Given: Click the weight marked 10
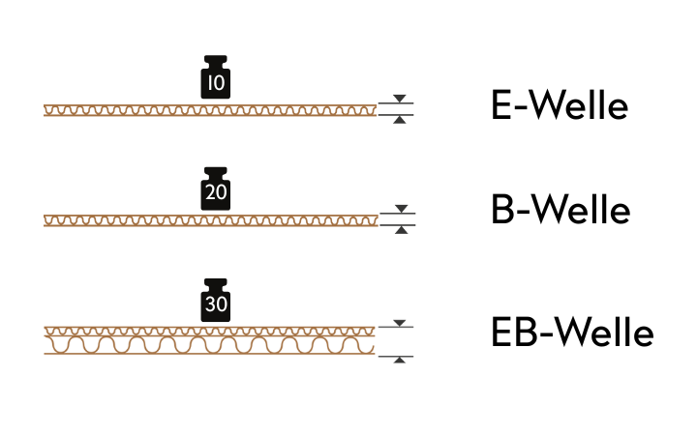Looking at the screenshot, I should click(215, 79).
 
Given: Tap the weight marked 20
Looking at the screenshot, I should click(215, 190).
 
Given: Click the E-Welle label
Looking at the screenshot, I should click(560, 106).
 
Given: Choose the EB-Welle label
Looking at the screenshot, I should click(572, 333).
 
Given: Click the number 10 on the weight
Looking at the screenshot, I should click(215, 84).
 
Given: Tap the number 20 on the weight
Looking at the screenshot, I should click(215, 195).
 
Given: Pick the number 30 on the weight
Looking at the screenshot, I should click(215, 306).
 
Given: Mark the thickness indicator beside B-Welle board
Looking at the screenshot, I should click(396, 220).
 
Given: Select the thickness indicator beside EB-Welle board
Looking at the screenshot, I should click(396, 340).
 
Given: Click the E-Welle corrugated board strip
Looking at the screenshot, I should click(210, 110).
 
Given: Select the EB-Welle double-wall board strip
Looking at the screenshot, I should click(210, 340).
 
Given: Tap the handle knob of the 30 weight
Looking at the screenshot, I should click(215, 283).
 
